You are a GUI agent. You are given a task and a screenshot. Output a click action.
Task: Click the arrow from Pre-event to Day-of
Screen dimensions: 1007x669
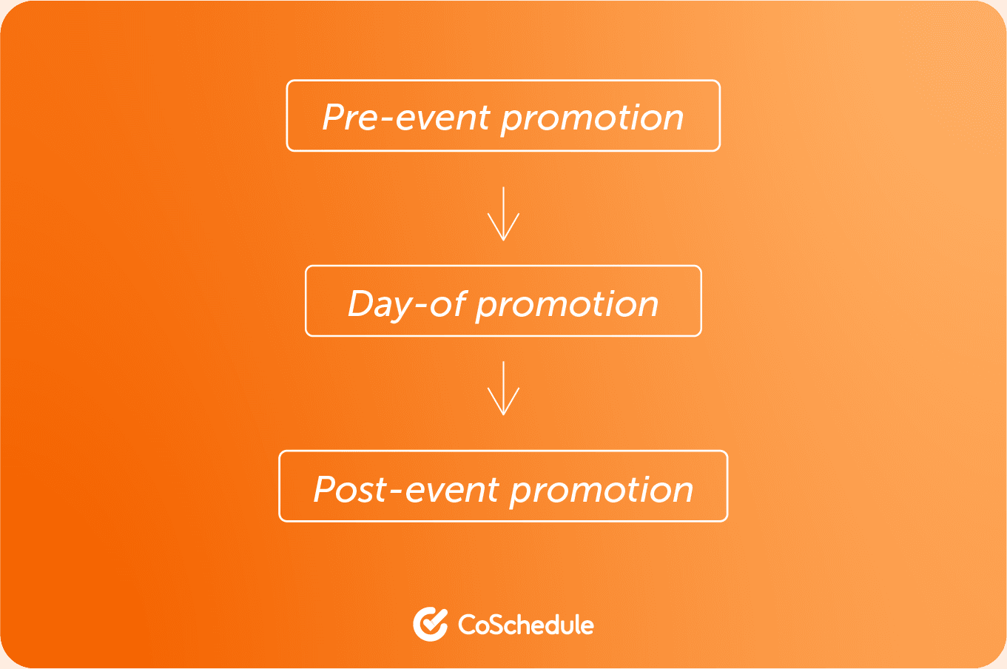click(503, 214)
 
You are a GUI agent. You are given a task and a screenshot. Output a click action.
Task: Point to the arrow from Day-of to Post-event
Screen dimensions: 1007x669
click(503, 388)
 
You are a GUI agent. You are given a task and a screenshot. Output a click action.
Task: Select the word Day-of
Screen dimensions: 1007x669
click(407, 305)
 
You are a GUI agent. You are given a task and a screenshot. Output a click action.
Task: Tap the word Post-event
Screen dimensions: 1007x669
click(406, 489)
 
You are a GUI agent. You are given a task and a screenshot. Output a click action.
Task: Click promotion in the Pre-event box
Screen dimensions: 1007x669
click(593, 120)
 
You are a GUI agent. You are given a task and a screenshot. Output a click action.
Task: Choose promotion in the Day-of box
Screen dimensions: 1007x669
click(567, 306)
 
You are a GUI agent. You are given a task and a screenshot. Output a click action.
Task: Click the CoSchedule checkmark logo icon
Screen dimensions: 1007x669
click(430, 624)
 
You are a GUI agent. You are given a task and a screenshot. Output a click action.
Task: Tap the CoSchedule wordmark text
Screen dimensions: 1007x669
click(526, 625)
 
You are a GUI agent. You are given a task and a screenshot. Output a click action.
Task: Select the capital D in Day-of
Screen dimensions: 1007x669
click(362, 303)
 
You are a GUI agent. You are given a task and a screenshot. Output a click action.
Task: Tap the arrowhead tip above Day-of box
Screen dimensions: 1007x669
click(503, 241)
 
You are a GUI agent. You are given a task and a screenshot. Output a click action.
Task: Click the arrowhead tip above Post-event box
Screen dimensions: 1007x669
click(503, 415)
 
